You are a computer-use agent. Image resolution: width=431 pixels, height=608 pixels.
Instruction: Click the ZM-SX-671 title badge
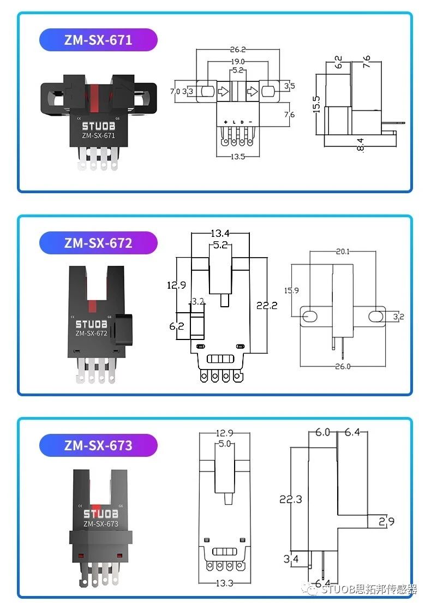tap(98, 40)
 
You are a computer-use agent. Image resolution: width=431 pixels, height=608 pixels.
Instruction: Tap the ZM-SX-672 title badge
tap(98, 243)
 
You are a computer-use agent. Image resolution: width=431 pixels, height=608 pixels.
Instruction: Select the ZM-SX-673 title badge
tap(98, 445)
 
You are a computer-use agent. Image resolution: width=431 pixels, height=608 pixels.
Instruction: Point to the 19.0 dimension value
tap(237, 61)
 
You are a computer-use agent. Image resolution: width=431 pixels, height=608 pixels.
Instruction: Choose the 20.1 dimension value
tap(342, 251)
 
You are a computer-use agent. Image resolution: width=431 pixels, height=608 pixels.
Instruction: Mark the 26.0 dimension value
tap(342, 366)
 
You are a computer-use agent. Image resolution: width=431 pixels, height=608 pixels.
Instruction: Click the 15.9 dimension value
tap(292, 290)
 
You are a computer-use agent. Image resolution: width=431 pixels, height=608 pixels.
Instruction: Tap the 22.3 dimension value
tap(290, 499)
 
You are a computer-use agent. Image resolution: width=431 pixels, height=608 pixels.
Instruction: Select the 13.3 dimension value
tap(224, 583)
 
